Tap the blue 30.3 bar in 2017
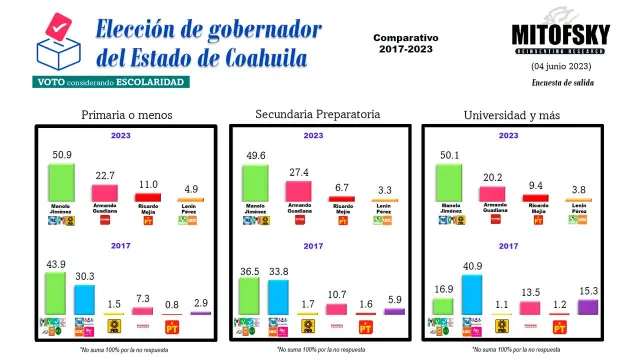[83, 298]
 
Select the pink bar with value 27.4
[299, 187]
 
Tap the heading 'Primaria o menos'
[127, 115]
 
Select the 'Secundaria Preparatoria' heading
[318, 114]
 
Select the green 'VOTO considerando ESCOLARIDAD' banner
[110, 81]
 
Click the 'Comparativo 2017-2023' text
[406, 42]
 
